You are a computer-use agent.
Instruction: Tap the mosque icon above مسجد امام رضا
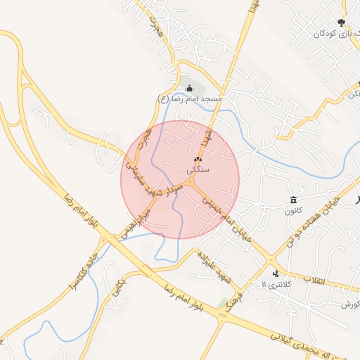[x=190, y=89]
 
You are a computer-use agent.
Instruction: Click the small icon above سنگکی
[x=197, y=160]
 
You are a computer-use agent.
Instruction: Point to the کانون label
[x=293, y=210]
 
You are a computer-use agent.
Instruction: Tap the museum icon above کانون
[x=293, y=200]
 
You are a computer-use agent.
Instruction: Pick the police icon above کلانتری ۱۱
[x=275, y=273]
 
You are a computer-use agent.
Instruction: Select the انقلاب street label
[x=318, y=281]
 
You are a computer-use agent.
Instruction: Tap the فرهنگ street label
[x=237, y=290]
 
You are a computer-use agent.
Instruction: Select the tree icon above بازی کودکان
[x=342, y=22]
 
